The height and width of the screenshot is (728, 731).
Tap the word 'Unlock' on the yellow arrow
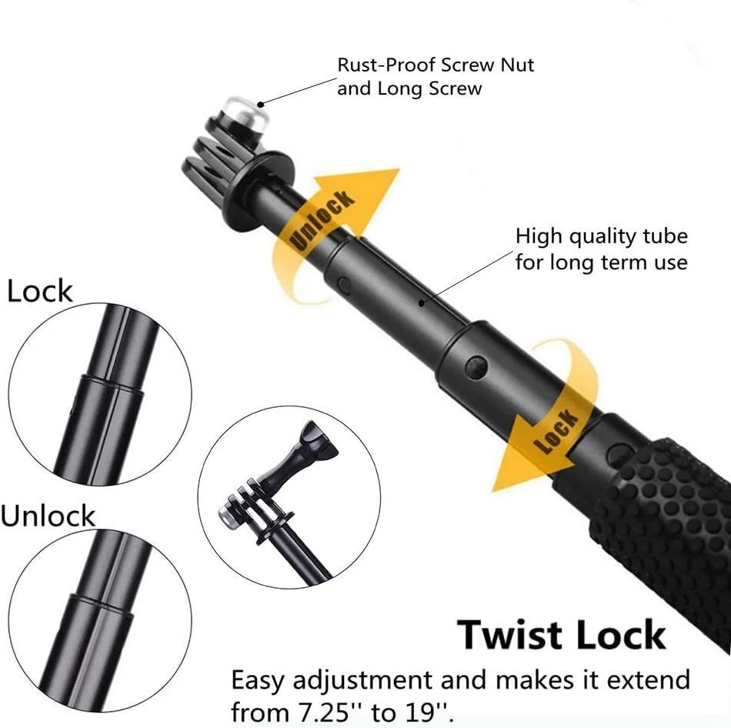pyautogui.click(x=322, y=219)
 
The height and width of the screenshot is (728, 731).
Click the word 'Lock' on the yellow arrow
pyautogui.click(x=556, y=432)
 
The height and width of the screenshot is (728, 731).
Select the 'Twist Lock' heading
pyautogui.click(x=561, y=635)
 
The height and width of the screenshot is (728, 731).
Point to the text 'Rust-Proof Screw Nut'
pyautogui.click(x=436, y=65)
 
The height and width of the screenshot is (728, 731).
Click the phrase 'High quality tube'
pyautogui.click(x=602, y=236)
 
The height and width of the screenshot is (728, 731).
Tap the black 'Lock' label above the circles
pyautogui.click(x=39, y=291)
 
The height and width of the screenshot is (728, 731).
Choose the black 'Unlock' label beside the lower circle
pyautogui.click(x=48, y=516)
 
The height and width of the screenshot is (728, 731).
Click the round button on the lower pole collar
pyautogui.click(x=476, y=366)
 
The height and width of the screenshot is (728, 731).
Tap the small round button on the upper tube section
pyautogui.click(x=345, y=285)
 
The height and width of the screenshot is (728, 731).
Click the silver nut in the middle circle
pyautogui.click(x=227, y=516)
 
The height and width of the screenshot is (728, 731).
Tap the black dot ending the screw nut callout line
pyautogui.click(x=262, y=105)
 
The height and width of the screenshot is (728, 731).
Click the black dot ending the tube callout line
pyautogui.click(x=422, y=304)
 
